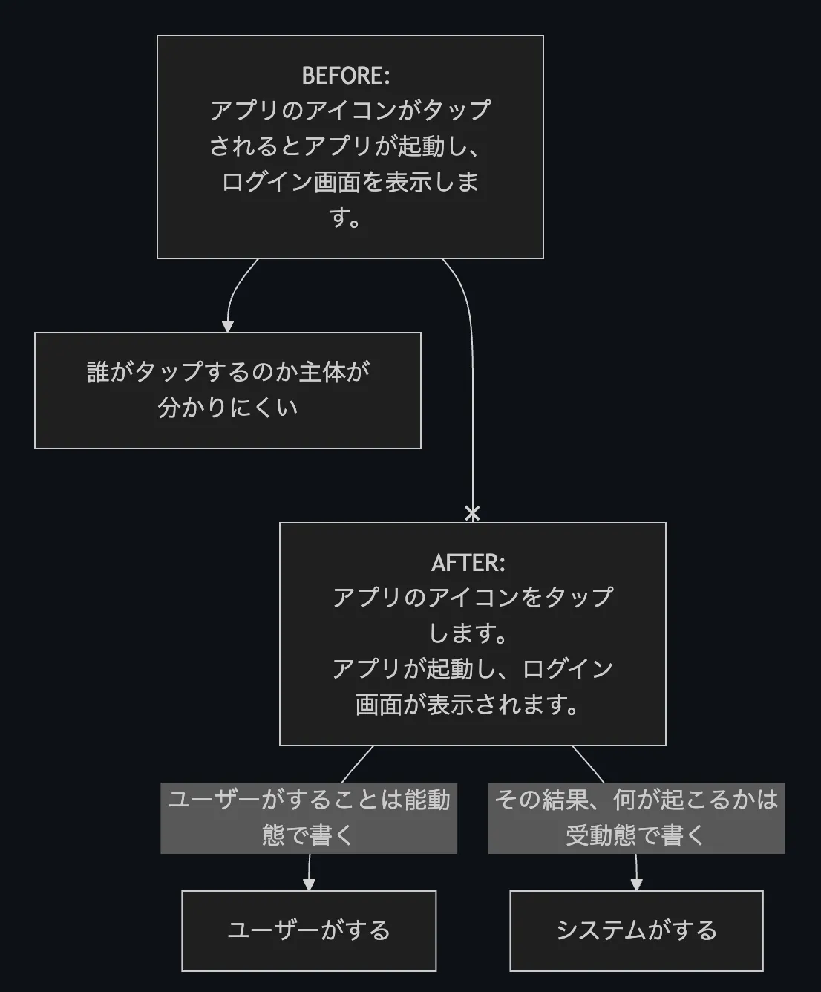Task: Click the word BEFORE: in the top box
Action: [x=346, y=76]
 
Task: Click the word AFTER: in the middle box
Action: [x=468, y=563]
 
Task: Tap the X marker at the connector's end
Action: [x=472, y=513]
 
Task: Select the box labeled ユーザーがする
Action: [x=309, y=930]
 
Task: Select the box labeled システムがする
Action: [x=636, y=930]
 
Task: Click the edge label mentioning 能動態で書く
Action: [x=309, y=818]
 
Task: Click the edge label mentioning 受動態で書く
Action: [x=636, y=818]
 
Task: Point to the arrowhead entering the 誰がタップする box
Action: [x=228, y=326]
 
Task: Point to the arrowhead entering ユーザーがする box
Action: [x=309, y=884]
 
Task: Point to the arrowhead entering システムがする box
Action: [x=636, y=884]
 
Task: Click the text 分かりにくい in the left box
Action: [x=228, y=408]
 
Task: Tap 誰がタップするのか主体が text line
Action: [x=228, y=371]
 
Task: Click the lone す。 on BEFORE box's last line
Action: [x=346, y=218]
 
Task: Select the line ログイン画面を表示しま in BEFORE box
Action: [x=350, y=182]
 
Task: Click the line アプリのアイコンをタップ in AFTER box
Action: [x=473, y=597]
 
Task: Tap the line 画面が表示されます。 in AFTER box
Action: [x=468, y=705]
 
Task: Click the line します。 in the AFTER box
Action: [x=468, y=633]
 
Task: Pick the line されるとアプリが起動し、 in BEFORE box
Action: [x=346, y=146]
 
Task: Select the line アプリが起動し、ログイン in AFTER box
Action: [x=473, y=669]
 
